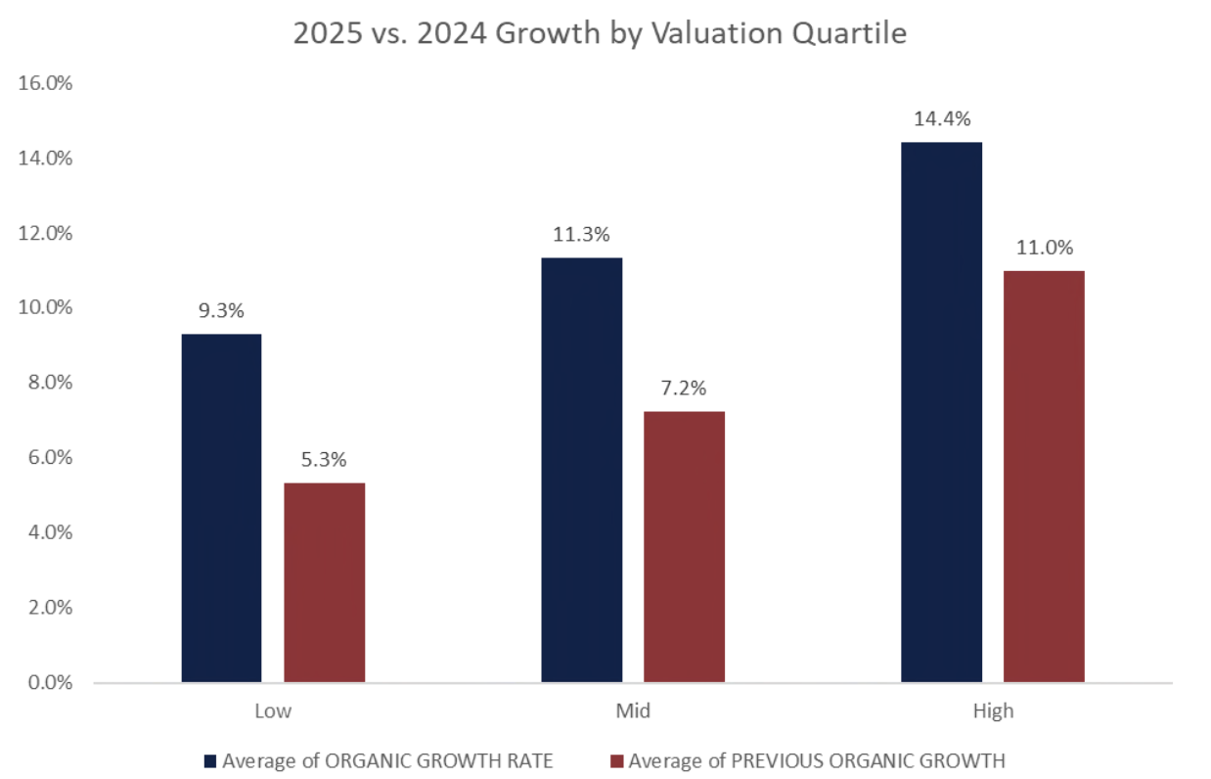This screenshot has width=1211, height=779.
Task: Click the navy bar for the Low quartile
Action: [x=221, y=508]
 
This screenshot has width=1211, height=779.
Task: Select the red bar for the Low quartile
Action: [x=324, y=582]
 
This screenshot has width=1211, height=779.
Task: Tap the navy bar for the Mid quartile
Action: [x=581, y=470]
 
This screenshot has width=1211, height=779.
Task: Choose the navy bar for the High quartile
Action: [x=941, y=412]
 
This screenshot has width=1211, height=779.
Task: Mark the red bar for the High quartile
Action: [x=1044, y=476]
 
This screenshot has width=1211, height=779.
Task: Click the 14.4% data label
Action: [x=942, y=119]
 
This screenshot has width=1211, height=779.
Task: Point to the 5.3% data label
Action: [x=324, y=460]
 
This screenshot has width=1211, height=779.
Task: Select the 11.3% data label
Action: [x=582, y=235]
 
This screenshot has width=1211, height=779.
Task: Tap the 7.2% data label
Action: [x=684, y=389]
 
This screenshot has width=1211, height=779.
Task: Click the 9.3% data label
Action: [x=221, y=311]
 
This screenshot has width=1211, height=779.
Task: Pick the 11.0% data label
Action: [x=1044, y=248]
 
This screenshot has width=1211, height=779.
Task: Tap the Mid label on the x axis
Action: [x=633, y=711]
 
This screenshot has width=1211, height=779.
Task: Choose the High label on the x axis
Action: [x=993, y=711]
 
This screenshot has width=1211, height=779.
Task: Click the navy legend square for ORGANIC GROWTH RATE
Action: [x=209, y=760]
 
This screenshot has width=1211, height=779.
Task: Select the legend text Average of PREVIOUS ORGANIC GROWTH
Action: [x=817, y=760]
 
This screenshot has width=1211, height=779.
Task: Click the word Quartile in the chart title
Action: [x=852, y=34]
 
